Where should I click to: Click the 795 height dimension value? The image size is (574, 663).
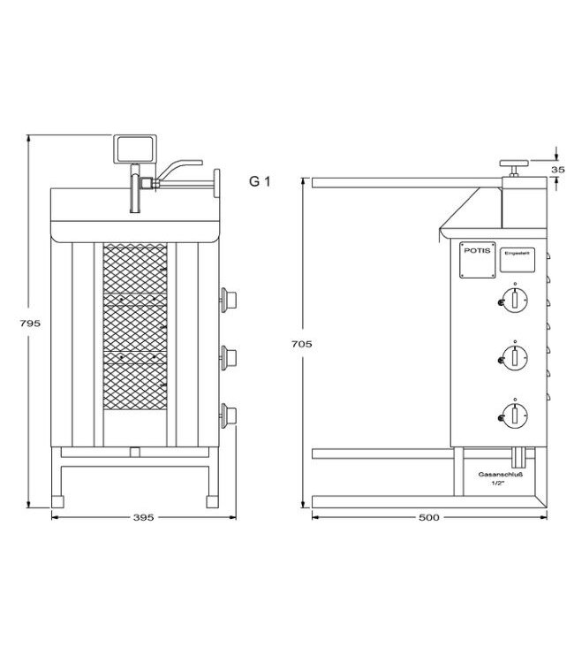tap(30, 324)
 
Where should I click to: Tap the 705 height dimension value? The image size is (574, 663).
tap(302, 343)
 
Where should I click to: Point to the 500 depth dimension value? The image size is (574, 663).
tap(429, 517)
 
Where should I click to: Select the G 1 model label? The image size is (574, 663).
tap(259, 182)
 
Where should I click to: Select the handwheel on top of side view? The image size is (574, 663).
tap(511, 164)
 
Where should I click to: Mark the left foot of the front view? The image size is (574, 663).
tap(60, 499)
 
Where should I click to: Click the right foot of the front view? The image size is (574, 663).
tap(211, 499)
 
